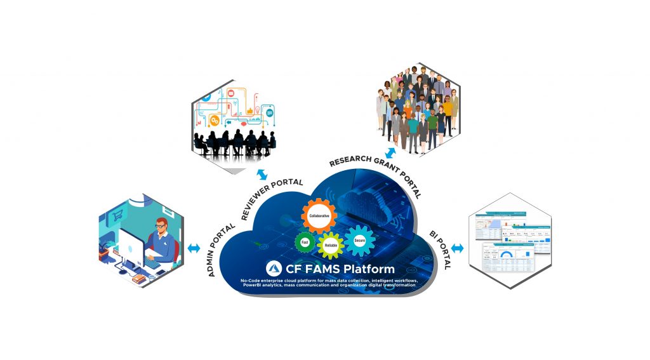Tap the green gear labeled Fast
305,242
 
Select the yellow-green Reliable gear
331,244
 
